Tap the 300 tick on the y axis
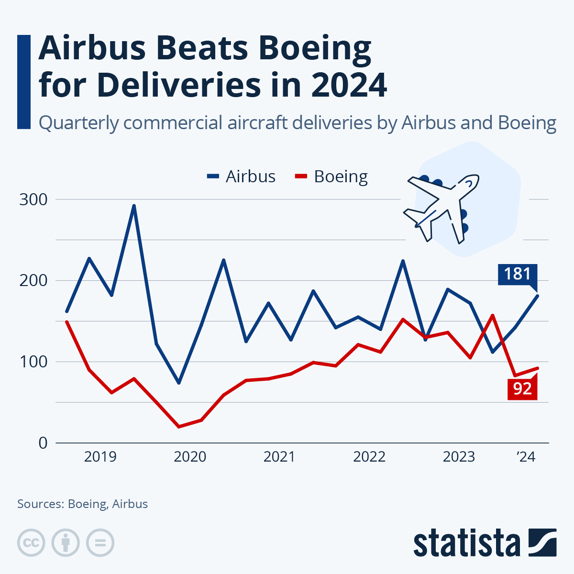[x=33, y=199]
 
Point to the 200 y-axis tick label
[x=33, y=280]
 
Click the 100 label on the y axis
[x=33, y=362]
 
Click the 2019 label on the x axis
[x=100, y=457]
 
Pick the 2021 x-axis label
[x=279, y=457]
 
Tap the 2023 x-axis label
[x=459, y=457]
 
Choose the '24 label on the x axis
[x=525, y=457]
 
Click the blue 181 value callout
[x=517, y=274]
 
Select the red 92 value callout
[x=522, y=388]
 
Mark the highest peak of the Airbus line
[x=134, y=206]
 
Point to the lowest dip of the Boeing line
[x=179, y=426]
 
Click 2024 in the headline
[x=348, y=85]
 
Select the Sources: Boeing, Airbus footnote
[x=82, y=504]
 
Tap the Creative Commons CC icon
[x=31, y=543]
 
